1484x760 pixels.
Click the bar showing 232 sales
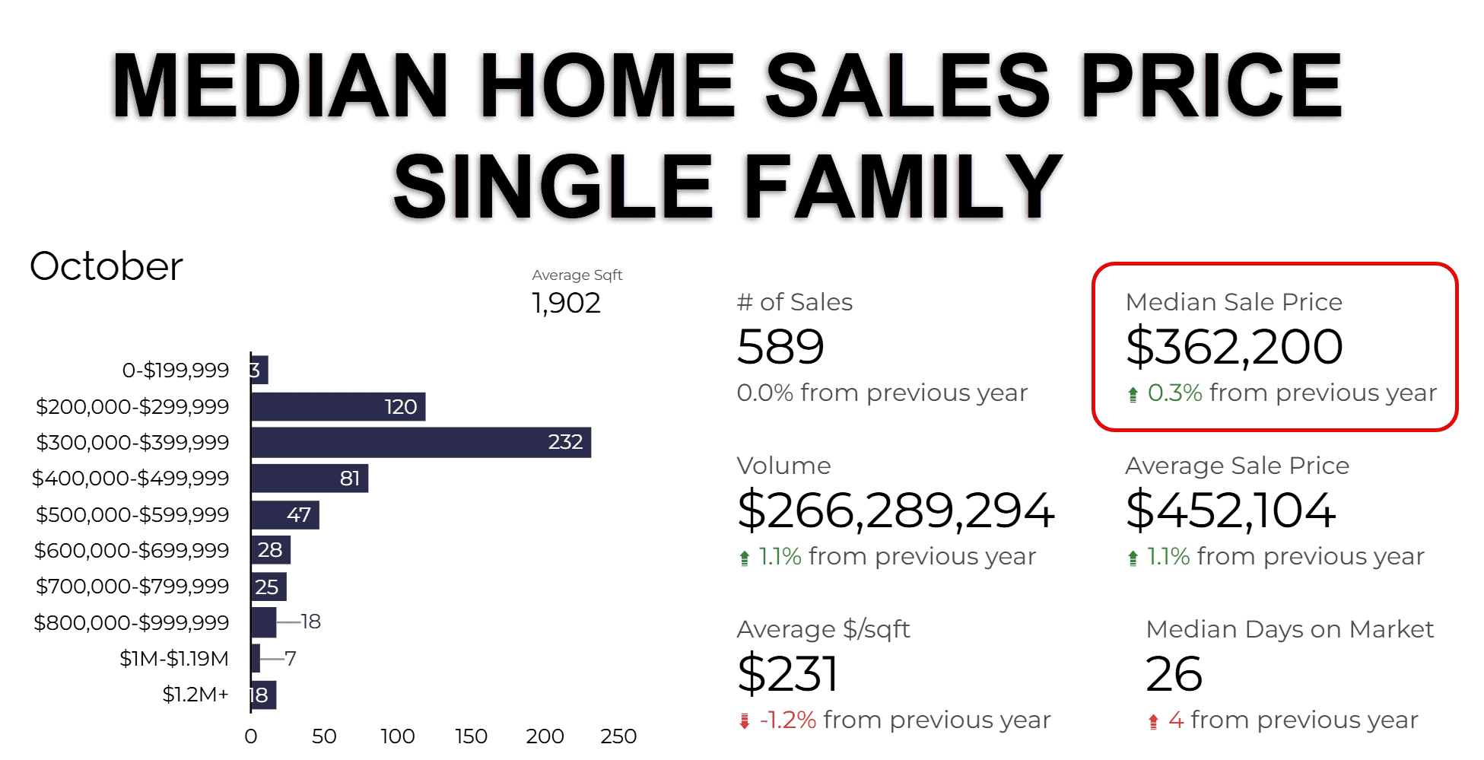[421, 442]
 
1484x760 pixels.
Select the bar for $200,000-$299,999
[338, 406]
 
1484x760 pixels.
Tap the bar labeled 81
[310, 479]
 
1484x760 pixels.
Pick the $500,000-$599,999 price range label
[132, 515]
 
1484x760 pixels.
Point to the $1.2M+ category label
[195, 695]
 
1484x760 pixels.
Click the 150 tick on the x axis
[471, 736]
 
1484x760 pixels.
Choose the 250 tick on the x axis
[618, 736]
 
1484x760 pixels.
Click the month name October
[106, 266]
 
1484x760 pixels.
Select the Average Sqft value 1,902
[566, 304]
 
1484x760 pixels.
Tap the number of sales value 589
[780, 347]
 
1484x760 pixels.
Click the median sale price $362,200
[1234, 347]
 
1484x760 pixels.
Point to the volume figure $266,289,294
[896, 510]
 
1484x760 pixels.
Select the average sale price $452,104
[1231, 510]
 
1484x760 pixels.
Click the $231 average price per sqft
[788, 674]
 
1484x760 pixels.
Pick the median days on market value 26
[1174, 674]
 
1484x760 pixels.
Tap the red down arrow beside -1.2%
[745, 721]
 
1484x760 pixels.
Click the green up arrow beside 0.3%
[1133, 394]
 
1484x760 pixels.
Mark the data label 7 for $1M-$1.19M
[291, 658]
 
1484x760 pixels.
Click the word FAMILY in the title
[904, 186]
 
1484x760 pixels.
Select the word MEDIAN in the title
[280, 85]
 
